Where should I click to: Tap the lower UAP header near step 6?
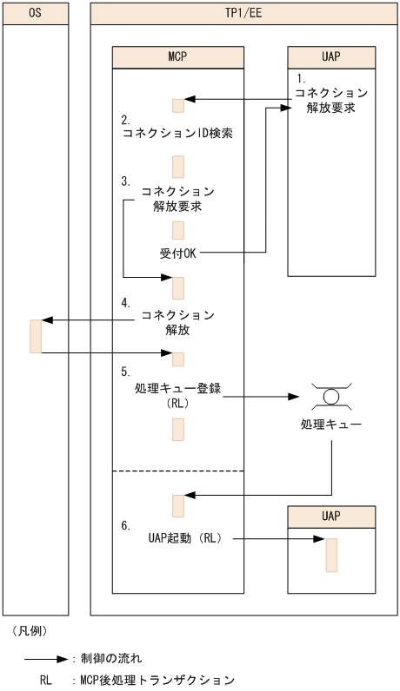331,516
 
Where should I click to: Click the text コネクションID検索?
177,135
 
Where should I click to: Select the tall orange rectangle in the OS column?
36,337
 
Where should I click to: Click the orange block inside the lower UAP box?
331,555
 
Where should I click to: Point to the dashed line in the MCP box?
177,471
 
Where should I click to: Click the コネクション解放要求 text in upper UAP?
331,101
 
